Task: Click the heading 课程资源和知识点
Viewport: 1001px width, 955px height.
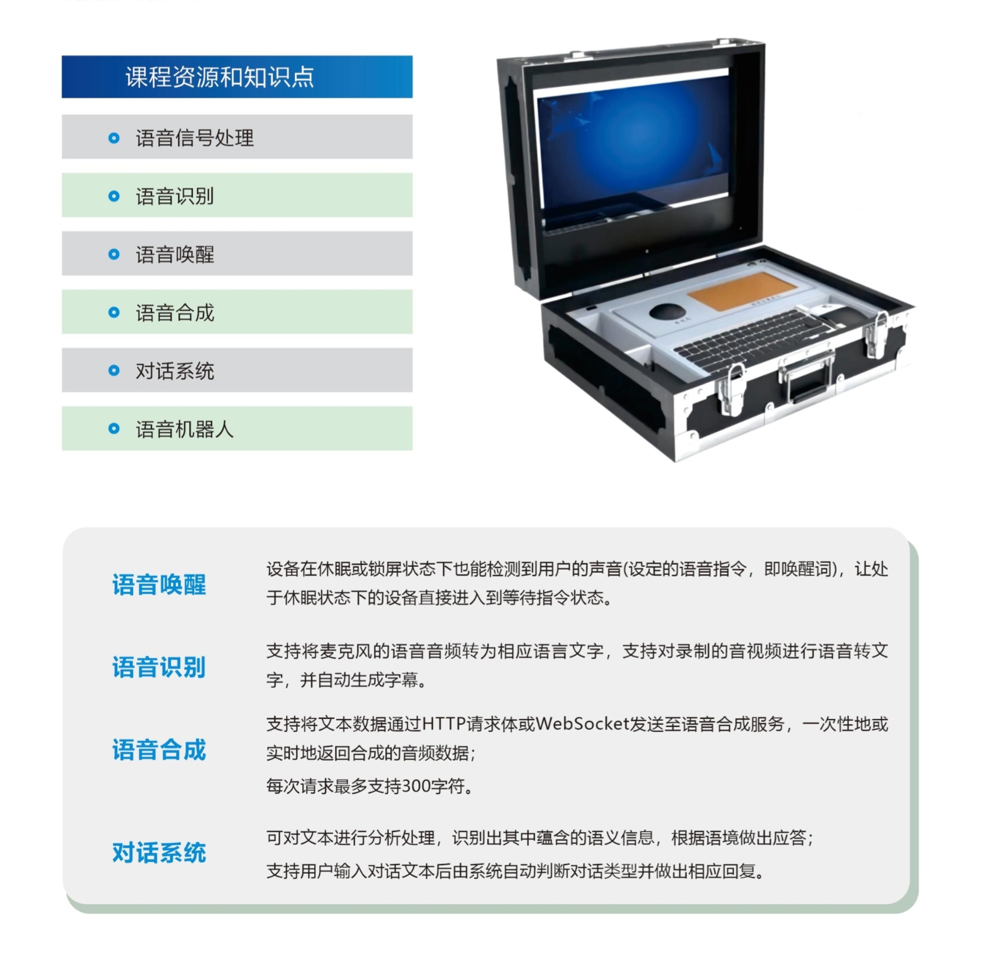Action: (x=220, y=77)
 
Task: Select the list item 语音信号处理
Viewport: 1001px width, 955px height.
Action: (x=195, y=138)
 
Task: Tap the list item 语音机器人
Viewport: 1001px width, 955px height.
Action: (x=185, y=429)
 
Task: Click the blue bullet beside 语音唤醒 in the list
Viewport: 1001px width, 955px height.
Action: (x=114, y=254)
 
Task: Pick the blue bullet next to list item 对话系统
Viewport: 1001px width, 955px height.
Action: (x=114, y=371)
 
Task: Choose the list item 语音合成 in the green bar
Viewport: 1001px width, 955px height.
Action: (x=175, y=313)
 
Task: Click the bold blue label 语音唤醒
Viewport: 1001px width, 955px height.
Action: (x=159, y=584)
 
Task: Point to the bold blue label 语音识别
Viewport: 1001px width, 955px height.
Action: (x=159, y=667)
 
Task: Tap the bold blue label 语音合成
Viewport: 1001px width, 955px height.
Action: (x=159, y=749)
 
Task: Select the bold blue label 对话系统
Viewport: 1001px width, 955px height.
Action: (x=159, y=852)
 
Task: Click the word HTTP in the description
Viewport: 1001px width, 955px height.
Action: (x=443, y=724)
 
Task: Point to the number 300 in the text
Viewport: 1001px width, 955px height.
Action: (x=416, y=787)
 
